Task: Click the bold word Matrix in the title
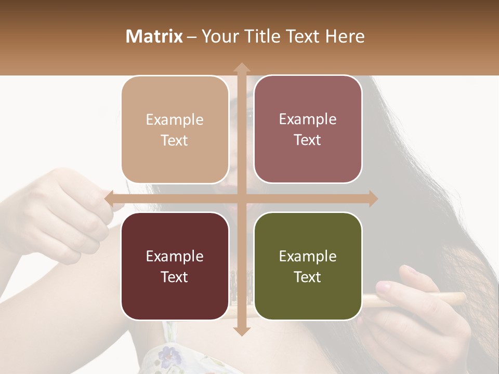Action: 154,36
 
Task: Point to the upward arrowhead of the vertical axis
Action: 241,68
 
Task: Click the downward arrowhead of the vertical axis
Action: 241,331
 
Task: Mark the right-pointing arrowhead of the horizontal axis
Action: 373,198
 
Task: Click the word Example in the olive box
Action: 308,256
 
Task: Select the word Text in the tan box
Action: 175,140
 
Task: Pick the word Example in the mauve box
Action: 308,119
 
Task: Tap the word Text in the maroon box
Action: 175,277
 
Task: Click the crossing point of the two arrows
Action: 241,198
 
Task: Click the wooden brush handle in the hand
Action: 447,299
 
